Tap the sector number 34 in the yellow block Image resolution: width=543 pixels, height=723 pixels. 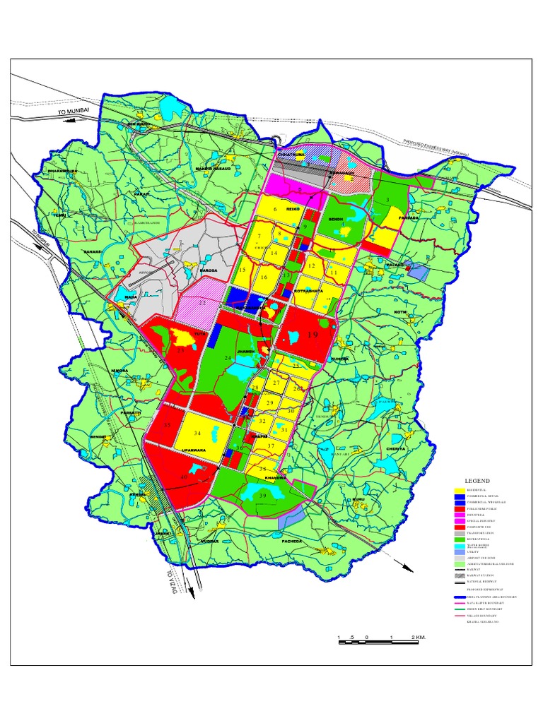(x=197, y=433)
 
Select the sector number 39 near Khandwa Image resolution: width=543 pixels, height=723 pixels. (x=262, y=496)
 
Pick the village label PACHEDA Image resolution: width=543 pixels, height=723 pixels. (x=291, y=541)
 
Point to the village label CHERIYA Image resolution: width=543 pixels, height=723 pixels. (x=396, y=449)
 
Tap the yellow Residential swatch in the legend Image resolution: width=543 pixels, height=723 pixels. (x=460, y=490)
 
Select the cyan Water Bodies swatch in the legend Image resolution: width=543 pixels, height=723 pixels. (x=460, y=544)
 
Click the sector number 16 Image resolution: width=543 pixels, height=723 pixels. (x=264, y=277)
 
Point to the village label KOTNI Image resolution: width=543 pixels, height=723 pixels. (x=401, y=311)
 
